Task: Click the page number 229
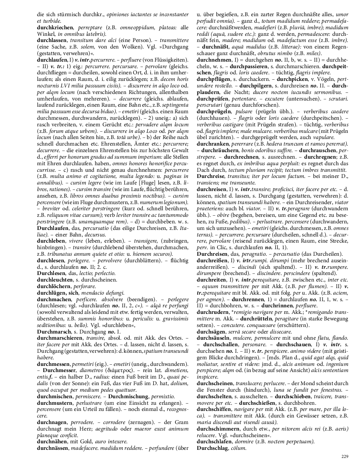[345, 456]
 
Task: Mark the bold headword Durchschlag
[211, 448]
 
